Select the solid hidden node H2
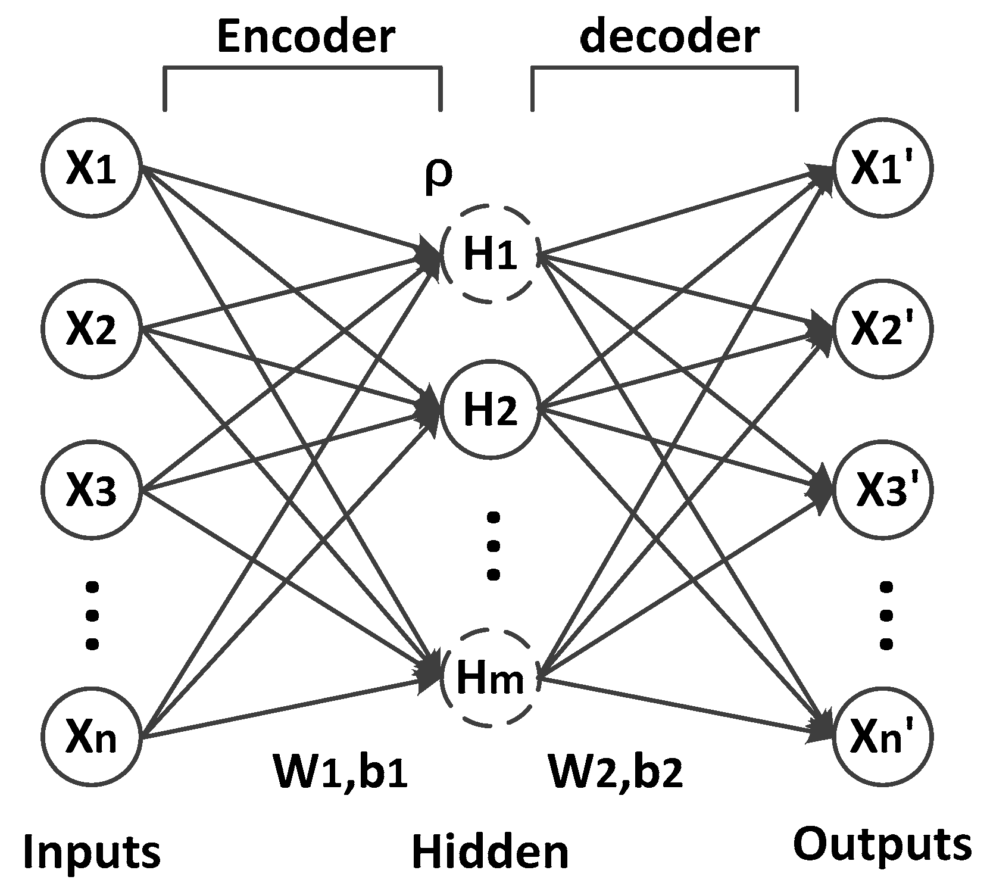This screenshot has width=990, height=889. point(491,410)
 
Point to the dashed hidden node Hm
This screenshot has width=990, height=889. point(491,677)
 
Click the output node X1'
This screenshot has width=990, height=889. point(883,169)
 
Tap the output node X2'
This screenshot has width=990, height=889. point(883,329)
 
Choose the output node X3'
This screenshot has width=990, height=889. point(883,490)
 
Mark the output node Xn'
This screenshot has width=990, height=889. point(883,737)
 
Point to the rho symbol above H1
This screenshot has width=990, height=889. point(438,176)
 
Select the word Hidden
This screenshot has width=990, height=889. point(490,851)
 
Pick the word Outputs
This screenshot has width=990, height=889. point(882,844)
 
